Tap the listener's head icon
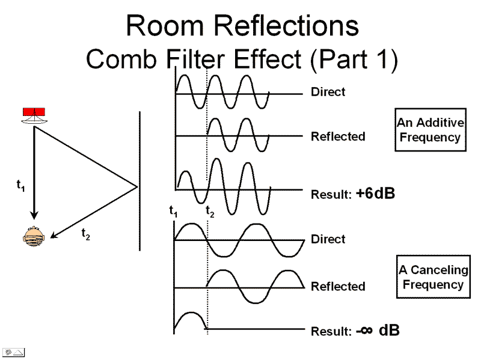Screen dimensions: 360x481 34,236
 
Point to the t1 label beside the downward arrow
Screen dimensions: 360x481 20,185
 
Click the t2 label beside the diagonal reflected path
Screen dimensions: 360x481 85,235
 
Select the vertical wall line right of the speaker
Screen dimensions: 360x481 139,180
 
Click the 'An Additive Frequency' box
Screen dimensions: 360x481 430,130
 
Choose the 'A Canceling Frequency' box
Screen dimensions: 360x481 433,277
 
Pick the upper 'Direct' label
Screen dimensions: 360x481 328,92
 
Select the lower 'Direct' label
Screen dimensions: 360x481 328,239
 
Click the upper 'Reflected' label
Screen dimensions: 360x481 338,136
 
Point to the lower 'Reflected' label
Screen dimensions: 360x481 338,286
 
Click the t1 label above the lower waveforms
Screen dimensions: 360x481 174,211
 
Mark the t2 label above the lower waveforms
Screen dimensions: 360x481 210,211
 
